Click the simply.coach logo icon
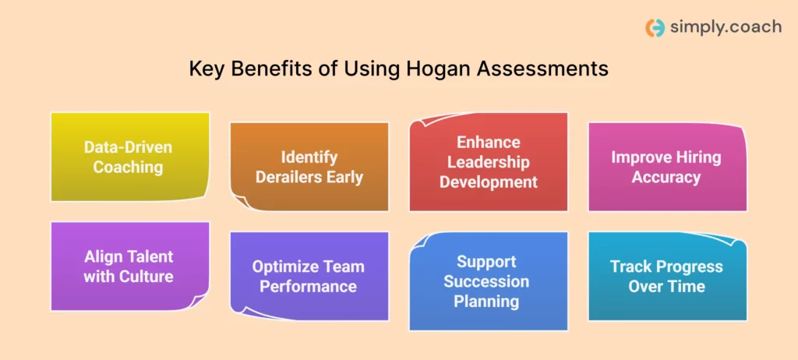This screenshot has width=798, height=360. (x=655, y=28)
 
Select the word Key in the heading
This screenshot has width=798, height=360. (x=205, y=69)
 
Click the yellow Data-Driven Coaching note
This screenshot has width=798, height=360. (x=129, y=157)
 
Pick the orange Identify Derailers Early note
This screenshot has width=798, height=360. (x=309, y=167)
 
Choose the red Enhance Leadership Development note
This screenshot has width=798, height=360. (x=489, y=162)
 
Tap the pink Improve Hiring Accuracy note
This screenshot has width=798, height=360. (x=666, y=167)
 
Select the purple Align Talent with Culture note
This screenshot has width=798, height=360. (x=129, y=266)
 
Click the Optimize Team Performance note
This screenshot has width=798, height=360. (x=309, y=276)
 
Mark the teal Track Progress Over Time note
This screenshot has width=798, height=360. (x=666, y=276)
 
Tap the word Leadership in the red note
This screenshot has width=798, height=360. (x=489, y=162)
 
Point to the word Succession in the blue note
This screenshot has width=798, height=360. (x=487, y=281)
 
